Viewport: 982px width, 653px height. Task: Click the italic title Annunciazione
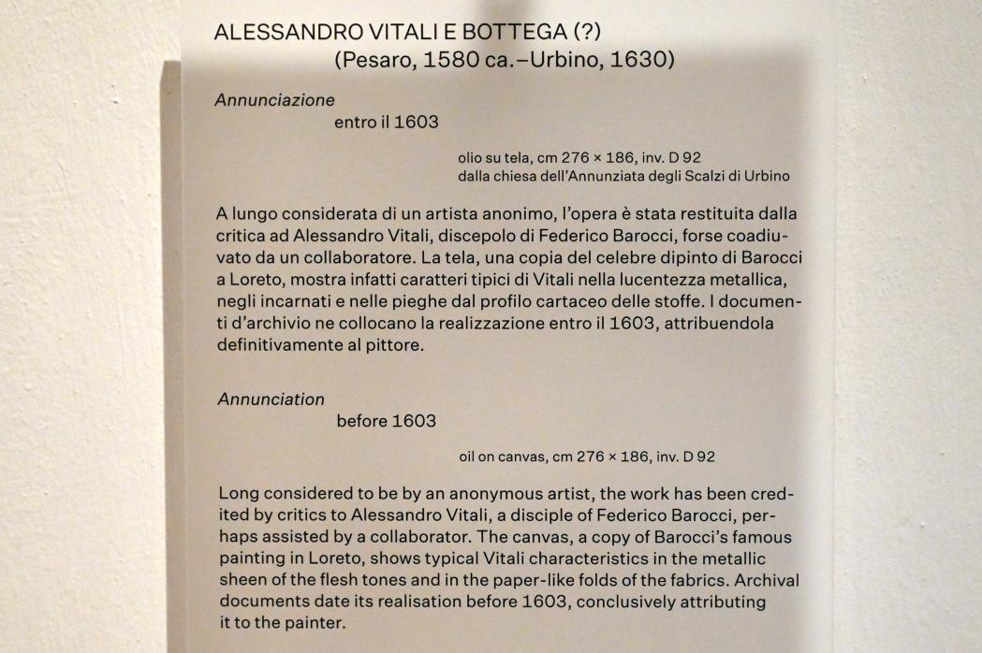[274, 98]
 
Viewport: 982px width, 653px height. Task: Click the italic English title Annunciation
[271, 399]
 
